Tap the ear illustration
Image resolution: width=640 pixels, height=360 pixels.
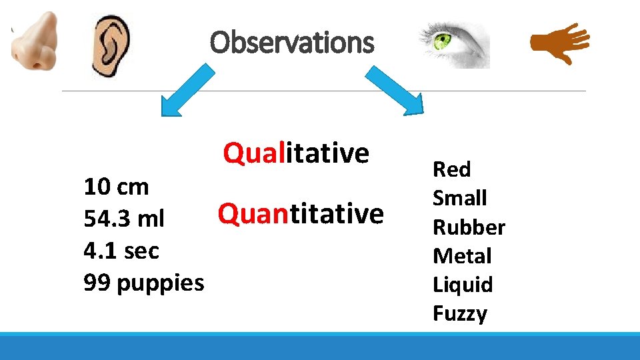111,45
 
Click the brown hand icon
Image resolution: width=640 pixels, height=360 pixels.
559,43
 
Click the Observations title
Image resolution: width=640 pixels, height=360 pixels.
292,43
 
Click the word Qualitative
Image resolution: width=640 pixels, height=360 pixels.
296,153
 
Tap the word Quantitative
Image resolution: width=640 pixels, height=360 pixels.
301,214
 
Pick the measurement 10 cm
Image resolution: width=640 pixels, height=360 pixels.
116,187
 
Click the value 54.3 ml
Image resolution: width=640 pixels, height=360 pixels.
124,219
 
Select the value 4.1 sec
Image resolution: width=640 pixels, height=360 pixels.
121,251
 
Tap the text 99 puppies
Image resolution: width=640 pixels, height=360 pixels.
144,283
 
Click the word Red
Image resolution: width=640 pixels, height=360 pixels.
451,170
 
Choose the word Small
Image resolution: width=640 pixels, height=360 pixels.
459,198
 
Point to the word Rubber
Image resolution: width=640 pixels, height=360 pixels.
469,227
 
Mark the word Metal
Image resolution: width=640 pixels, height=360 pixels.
461,256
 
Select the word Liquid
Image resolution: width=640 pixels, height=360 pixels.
463,285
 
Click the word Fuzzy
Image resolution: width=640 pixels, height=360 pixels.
459,313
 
